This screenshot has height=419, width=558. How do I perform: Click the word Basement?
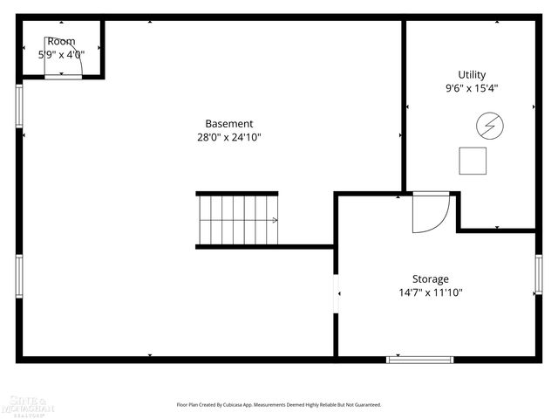point(229,124)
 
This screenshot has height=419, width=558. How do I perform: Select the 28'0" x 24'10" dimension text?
point(229,137)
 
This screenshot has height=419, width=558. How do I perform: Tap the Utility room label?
point(472,75)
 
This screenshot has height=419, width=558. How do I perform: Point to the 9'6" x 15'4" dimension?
point(472,88)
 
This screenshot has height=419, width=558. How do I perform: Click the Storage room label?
point(431,279)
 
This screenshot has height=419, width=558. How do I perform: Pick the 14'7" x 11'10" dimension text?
point(431,293)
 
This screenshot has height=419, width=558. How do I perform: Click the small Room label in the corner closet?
point(61,41)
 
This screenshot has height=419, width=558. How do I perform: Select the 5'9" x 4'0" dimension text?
point(61,54)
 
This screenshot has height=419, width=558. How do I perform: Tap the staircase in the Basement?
point(238,220)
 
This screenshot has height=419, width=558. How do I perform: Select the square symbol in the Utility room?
point(473,161)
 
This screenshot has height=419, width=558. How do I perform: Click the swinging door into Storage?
point(430,213)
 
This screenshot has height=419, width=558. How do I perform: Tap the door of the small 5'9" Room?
point(64,77)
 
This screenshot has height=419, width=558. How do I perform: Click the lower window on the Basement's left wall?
point(19,276)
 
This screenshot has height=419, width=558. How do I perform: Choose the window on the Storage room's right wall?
point(539,273)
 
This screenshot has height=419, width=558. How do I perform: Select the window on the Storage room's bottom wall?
point(420,358)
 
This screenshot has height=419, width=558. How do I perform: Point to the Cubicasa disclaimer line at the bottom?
point(279,405)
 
